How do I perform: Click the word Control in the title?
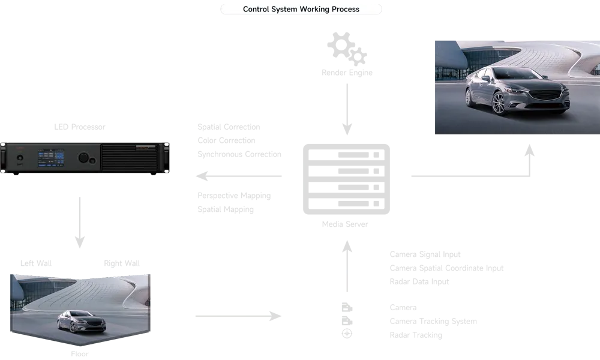pyautogui.click(x=257, y=9)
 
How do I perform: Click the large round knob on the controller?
pyautogui.click(x=83, y=158)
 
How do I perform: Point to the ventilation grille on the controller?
pyautogui.click(x=128, y=158)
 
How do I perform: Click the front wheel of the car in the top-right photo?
pyautogui.click(x=499, y=103)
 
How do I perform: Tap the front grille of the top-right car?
pyautogui.click(x=550, y=95)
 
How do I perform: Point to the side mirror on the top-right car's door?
pyautogui.click(x=485, y=78)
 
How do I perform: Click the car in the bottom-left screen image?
pyautogui.click(x=81, y=322)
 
